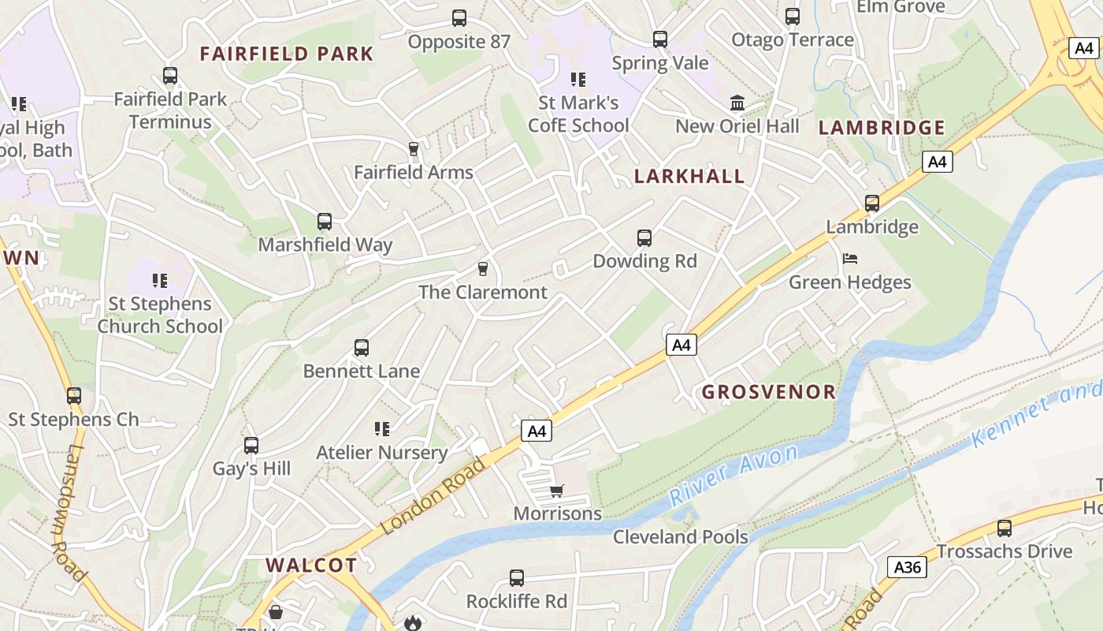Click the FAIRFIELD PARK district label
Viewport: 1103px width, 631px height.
click(x=286, y=54)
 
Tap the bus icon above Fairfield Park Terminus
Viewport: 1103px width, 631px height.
click(x=170, y=76)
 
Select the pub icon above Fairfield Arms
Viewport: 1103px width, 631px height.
click(x=413, y=148)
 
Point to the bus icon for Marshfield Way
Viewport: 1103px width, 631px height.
click(x=325, y=222)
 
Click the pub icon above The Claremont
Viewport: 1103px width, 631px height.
click(x=483, y=269)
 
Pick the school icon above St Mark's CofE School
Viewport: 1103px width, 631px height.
click(x=578, y=79)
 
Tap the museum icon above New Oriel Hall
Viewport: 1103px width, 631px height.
click(x=737, y=103)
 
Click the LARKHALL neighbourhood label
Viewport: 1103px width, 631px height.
click(x=689, y=176)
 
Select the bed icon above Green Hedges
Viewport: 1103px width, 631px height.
click(x=849, y=259)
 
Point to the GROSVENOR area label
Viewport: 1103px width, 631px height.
click(x=768, y=391)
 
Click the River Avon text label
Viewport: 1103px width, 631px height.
click(x=733, y=475)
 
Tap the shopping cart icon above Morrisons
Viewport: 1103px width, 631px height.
click(x=557, y=491)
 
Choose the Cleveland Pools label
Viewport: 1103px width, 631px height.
click(x=681, y=537)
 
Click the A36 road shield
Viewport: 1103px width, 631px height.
click(x=907, y=566)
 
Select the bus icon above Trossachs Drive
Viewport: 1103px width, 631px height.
click(x=1005, y=528)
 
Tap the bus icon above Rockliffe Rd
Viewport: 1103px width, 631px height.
click(x=517, y=578)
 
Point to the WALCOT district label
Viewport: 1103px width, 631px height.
click(x=311, y=565)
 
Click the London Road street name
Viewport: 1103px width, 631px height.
click(x=433, y=495)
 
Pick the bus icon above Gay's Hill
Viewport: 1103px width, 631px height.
click(x=251, y=446)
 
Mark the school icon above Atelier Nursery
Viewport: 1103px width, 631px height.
click(x=382, y=429)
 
